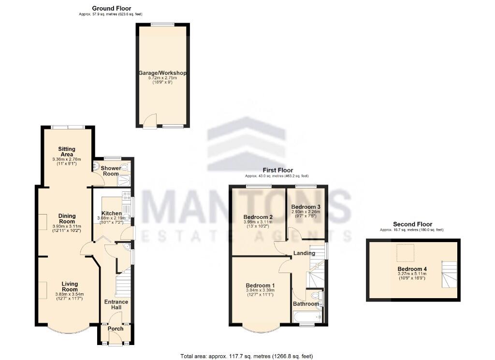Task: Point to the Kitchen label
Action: coord(111,214)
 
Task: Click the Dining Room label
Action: coord(67,219)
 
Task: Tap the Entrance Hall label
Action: coord(116,305)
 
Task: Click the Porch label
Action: coord(116,329)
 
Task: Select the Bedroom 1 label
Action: coord(260,285)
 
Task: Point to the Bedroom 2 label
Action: coord(258,217)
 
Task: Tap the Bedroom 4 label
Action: coord(412,269)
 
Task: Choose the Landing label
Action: coord(304,253)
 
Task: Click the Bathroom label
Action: coord(306,304)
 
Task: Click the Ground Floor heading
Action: coord(111,8)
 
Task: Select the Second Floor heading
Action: coord(412,224)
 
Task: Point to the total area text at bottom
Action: coord(247,356)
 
